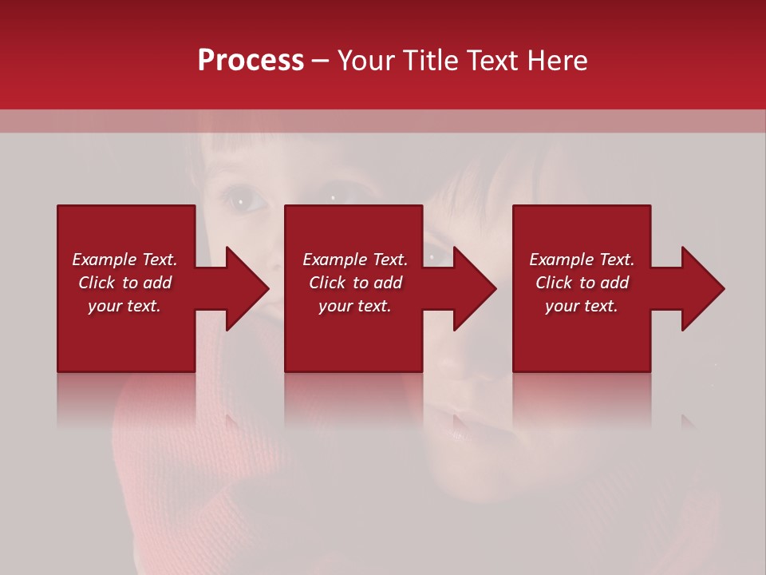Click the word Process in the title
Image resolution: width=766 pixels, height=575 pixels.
pos(251,61)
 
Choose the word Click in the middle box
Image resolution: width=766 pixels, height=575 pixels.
pos(327,283)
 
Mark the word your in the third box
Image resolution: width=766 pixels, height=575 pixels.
pos(562,306)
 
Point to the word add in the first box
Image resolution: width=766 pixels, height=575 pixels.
pos(157,283)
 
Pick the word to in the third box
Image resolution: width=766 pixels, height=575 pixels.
pos(588,283)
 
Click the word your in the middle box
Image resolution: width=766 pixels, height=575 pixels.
pos(335,306)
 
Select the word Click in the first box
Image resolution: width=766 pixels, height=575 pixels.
pos(97,283)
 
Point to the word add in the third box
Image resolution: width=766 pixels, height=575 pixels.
pos(614,283)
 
